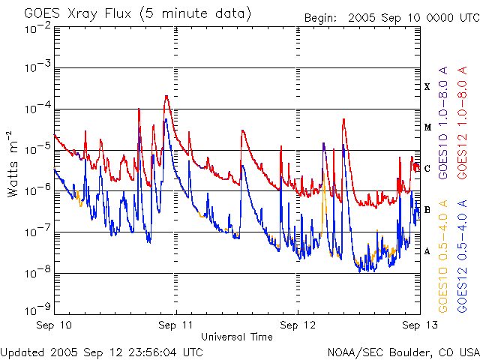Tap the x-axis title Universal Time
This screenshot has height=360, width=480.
pyautogui.click(x=237, y=337)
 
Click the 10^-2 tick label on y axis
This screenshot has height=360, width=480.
pyautogui.click(x=37, y=28)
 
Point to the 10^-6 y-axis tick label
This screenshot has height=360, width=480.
pyautogui.click(x=37, y=190)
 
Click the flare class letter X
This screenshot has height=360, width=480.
pyautogui.click(x=427, y=86)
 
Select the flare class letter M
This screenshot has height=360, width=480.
pyautogui.click(x=427, y=127)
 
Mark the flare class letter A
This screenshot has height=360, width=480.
pyautogui.click(x=427, y=251)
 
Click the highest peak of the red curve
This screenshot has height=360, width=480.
pyautogui.click(x=166, y=96)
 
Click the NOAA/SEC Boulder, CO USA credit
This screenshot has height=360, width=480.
pyautogui.click(x=403, y=352)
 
